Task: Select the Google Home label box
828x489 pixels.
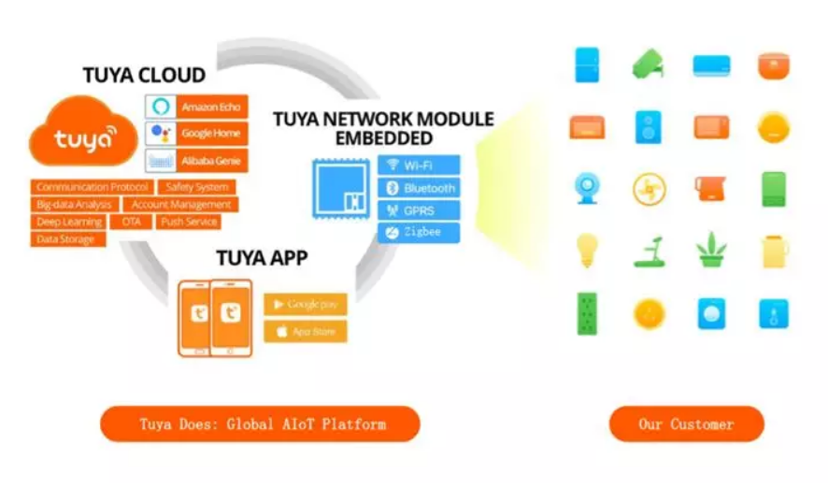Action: click(x=197, y=133)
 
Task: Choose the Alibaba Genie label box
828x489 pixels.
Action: click(x=197, y=161)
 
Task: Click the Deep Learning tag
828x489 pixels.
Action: click(x=69, y=223)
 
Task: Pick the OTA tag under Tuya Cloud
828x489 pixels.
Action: click(x=131, y=223)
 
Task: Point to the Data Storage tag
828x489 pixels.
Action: click(x=67, y=240)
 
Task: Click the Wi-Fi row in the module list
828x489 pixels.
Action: click(x=419, y=165)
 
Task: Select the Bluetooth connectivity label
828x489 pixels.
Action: click(x=419, y=188)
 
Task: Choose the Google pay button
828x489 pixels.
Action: click(x=305, y=305)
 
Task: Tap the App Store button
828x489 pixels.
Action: click(x=305, y=332)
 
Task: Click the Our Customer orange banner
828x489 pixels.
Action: click(x=686, y=424)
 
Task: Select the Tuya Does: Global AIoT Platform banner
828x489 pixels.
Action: click(x=261, y=424)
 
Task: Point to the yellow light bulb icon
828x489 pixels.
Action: click(x=587, y=249)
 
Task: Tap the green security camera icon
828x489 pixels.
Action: click(x=648, y=64)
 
